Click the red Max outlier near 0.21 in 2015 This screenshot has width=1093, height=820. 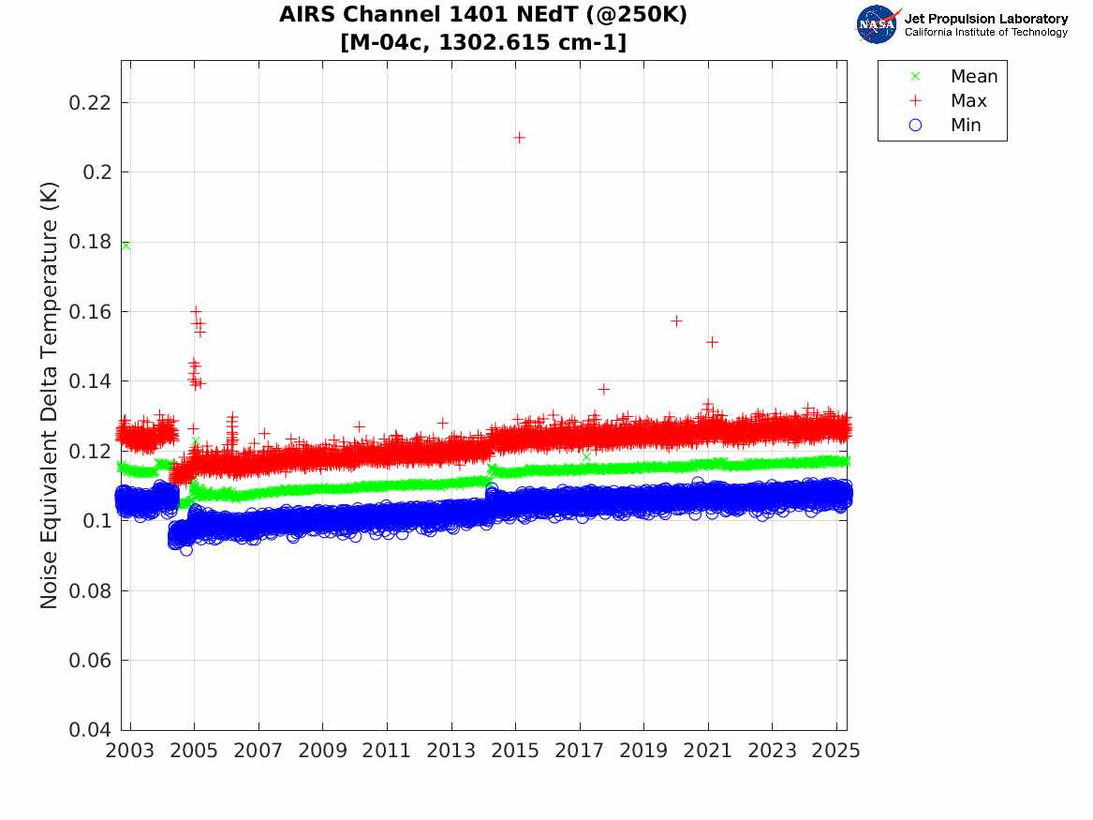(519, 137)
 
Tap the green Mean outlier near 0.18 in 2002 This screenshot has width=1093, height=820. (126, 246)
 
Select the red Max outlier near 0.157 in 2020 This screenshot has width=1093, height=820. (676, 321)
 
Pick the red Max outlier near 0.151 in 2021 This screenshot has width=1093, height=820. (712, 342)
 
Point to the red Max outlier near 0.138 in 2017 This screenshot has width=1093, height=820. (603, 389)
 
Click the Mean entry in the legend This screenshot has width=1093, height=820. (973, 77)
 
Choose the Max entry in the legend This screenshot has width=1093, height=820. (967, 101)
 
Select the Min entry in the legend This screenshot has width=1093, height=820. (966, 126)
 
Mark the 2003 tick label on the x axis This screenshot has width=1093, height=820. (130, 751)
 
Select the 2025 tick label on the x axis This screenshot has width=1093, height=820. (835, 751)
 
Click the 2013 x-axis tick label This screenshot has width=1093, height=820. (451, 751)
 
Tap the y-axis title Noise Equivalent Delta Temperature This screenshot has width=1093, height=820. (50, 395)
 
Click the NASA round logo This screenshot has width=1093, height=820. (877, 24)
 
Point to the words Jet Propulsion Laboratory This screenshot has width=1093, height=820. (985, 19)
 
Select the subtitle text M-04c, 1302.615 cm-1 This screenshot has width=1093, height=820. (483, 42)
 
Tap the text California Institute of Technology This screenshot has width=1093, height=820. (985, 33)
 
